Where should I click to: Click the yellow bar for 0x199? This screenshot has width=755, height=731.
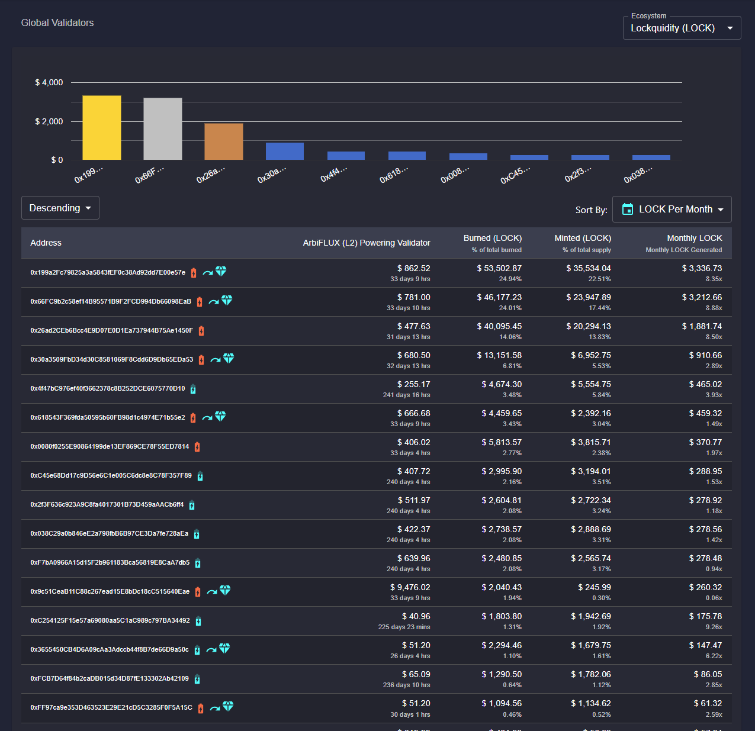[102, 128]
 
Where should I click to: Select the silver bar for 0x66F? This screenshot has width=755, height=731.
[163, 129]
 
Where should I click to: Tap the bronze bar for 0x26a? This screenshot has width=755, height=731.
[224, 141]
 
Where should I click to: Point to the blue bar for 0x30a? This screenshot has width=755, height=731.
[285, 152]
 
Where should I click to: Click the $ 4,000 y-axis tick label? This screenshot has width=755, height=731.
[49, 83]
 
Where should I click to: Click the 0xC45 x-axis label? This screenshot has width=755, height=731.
[515, 175]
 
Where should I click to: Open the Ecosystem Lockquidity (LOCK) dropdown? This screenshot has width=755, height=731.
[682, 28]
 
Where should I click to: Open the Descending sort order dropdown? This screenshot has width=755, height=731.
[60, 208]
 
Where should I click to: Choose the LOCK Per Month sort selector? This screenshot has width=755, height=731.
[672, 210]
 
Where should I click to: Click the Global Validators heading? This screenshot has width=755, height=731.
[57, 23]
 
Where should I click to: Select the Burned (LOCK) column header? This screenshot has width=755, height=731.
[492, 238]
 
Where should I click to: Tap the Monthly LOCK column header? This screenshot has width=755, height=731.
[694, 238]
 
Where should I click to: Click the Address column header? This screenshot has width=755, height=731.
[46, 243]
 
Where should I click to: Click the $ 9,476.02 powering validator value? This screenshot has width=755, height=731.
[410, 588]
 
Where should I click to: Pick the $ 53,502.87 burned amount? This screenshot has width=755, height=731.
[499, 268]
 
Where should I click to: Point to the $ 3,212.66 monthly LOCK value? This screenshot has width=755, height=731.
[702, 298]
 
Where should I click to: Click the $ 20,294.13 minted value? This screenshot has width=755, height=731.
[588, 327]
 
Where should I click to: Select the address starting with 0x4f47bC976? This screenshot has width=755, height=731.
[107, 388]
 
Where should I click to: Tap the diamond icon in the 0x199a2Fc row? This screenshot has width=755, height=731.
[221, 271]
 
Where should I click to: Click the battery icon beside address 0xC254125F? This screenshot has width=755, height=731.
[198, 621]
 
